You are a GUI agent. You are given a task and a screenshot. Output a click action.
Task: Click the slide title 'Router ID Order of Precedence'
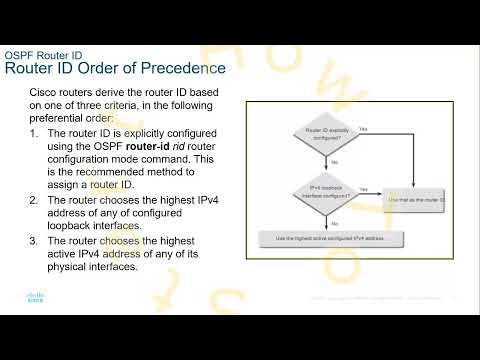coord(116,68)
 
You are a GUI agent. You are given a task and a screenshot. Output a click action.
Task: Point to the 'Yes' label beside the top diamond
coord(362,128)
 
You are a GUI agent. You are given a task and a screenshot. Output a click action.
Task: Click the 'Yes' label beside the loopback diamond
coord(362,189)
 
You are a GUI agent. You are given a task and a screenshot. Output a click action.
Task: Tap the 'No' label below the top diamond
coord(333,161)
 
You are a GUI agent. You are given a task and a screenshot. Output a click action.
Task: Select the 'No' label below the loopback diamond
coord(333,222)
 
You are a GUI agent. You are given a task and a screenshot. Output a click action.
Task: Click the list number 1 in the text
coord(34,131)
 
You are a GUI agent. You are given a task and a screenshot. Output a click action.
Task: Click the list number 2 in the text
coord(34,199)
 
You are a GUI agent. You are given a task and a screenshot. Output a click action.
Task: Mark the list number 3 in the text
coord(34,240)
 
